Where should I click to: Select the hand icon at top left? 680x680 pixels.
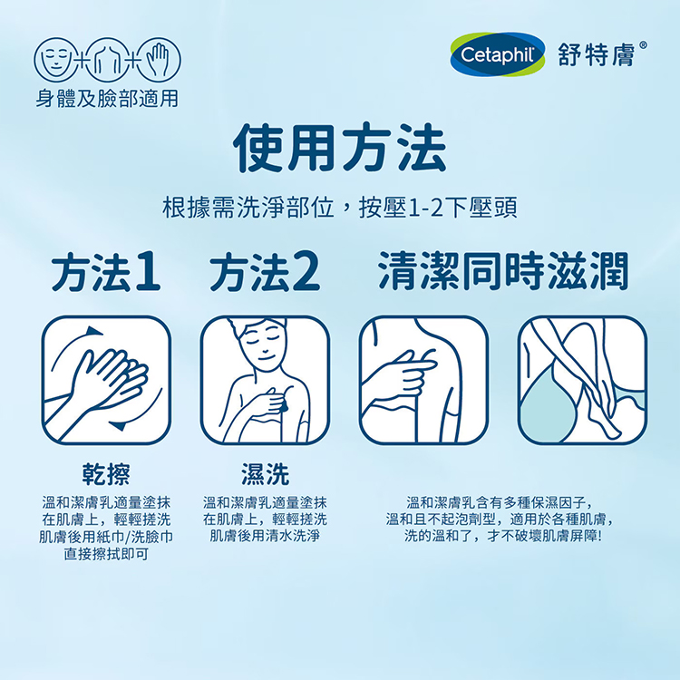pyautogui.click(x=159, y=60)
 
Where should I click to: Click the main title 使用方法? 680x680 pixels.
pyautogui.click(x=339, y=150)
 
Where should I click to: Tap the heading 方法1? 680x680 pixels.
pyautogui.click(x=105, y=273)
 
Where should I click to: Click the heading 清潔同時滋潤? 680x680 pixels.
pyautogui.click(x=503, y=271)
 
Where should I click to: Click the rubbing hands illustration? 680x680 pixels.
pyautogui.click(x=106, y=380)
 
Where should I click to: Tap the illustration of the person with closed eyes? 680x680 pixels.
pyautogui.click(x=265, y=380)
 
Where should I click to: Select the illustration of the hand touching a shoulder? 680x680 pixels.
pyautogui.click(x=423, y=380)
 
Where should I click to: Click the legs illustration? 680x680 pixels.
pyautogui.click(x=582, y=380)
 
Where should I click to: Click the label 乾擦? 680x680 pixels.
pyautogui.click(x=106, y=472)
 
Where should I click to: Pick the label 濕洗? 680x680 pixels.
pyautogui.click(x=265, y=472)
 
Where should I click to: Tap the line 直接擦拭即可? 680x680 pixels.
pyautogui.click(x=106, y=553)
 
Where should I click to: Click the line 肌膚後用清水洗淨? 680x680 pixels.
pyautogui.click(x=265, y=536)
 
